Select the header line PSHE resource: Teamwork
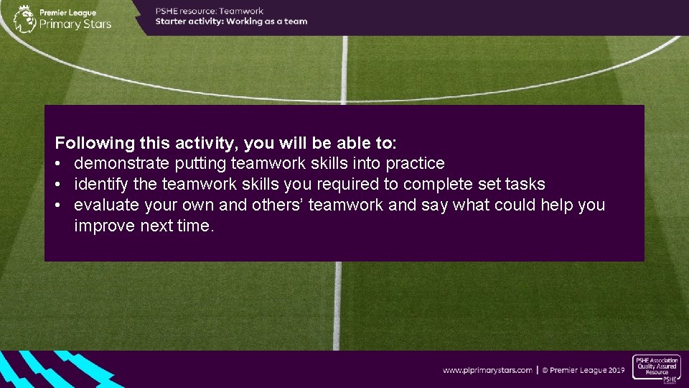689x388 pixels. pos(210,11)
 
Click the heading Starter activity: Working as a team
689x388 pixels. pos(231,22)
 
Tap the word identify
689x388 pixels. pos(99,184)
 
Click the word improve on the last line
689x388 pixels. pos(103,226)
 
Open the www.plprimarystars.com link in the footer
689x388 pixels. pos(487,370)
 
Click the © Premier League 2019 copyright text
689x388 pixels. pos(583,370)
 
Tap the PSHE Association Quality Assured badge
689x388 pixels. pos(656,369)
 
